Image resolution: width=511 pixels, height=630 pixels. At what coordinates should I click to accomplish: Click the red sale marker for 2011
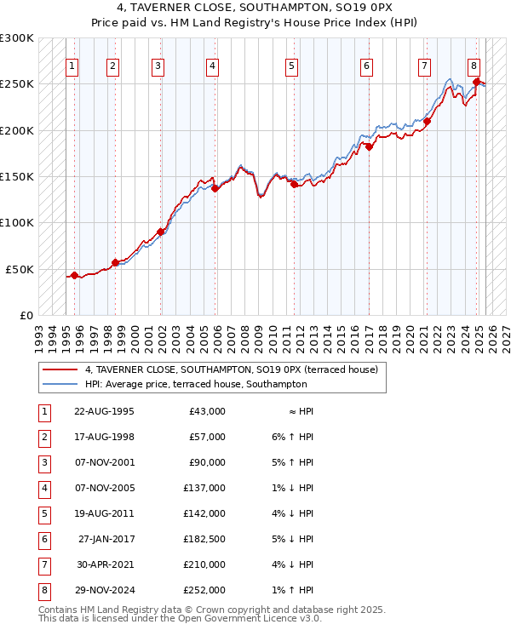pos(294,184)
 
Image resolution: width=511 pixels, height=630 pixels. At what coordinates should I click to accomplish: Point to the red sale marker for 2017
pos(370,146)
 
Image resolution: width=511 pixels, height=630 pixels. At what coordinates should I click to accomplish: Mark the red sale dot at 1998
pos(115,262)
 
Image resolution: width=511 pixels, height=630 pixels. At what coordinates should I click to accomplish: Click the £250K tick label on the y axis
pos(16,84)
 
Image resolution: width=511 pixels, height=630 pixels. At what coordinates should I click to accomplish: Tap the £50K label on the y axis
pos(20,269)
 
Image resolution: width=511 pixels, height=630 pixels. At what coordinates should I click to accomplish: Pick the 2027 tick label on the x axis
pos(506,333)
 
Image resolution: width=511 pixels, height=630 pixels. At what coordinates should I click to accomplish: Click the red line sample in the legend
pos(59,370)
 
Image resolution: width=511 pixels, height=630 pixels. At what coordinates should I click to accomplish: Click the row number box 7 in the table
pos(43,565)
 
